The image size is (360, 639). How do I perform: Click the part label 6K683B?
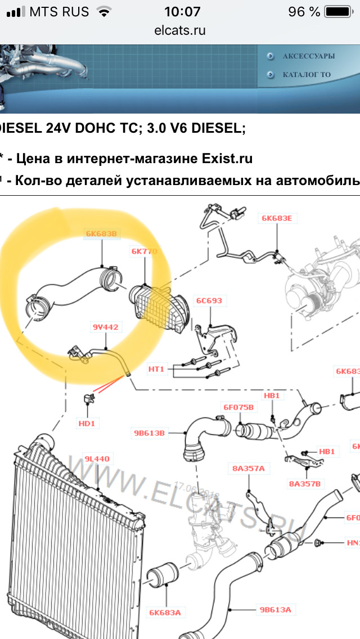tap(102, 233)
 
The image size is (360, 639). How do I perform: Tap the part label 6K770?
tap(144, 251)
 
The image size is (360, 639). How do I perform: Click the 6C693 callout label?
tap(209, 300)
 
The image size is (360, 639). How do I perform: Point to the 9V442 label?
tap(105, 326)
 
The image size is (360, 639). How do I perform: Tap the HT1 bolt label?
tap(156, 369)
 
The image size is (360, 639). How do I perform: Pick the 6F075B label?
tap(239, 407)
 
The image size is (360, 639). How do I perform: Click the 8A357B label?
tap(304, 483)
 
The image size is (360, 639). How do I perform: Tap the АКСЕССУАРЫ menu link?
tap(308, 56)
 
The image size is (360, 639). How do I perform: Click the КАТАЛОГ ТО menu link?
tap(307, 74)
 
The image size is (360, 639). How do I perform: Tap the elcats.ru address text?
tap(180, 30)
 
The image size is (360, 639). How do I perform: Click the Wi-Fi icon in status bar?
tap(103, 11)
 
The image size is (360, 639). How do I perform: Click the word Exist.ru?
tap(227, 159)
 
